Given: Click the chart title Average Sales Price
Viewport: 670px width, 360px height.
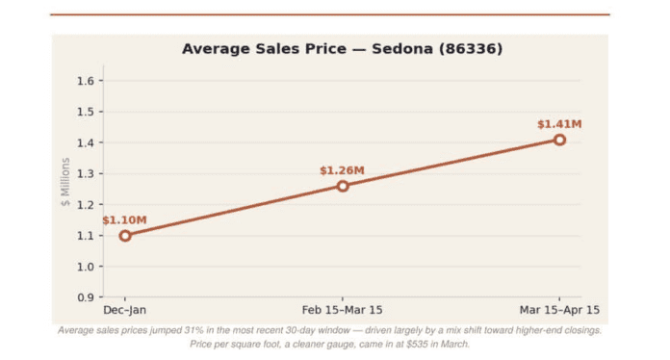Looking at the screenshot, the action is coord(264,49).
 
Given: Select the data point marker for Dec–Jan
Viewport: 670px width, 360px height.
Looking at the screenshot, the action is coord(125,236).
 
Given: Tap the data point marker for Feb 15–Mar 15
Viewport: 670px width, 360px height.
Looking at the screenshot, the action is coord(343,186).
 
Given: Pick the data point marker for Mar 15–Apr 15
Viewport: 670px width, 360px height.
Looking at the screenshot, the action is coord(559,141).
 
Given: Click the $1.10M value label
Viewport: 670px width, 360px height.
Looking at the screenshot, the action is coord(124,220).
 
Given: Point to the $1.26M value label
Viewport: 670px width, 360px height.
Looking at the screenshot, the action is coord(343,170).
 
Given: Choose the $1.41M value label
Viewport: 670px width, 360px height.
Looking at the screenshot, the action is coord(559,124).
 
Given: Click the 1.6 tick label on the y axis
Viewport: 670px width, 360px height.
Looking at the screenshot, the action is coord(86,81).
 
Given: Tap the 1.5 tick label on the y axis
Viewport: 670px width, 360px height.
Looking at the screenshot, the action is coord(86,112).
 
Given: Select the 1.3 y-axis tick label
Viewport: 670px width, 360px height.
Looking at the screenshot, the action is coord(86,174).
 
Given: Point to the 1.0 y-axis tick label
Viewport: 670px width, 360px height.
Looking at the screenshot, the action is coord(86,267).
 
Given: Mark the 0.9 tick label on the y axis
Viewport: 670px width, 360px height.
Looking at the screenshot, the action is coord(86,297).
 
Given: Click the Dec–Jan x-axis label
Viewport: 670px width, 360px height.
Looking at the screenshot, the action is coord(125,310).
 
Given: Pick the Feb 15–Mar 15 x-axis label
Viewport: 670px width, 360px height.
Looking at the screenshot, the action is coord(343,310).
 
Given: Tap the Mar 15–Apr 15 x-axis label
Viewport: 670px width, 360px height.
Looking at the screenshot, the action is coord(559,310).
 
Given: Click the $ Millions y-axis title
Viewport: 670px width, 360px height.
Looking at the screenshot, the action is coord(64,182).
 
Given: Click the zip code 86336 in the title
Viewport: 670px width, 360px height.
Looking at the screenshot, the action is coord(471,49).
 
